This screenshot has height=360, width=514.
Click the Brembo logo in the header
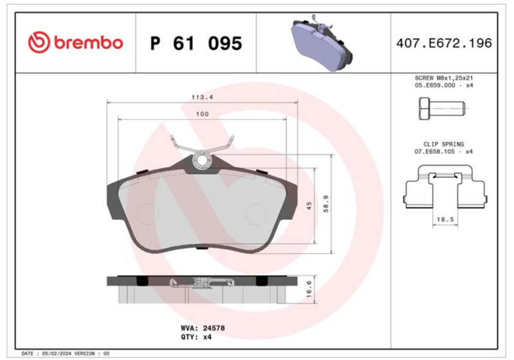pyautogui.click(x=75, y=42)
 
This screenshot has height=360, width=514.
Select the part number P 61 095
pyautogui.click(x=196, y=43)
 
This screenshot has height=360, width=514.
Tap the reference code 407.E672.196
pyautogui.click(x=444, y=43)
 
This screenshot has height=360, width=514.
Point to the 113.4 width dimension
pyautogui.click(x=202, y=97)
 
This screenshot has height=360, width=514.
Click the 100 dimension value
pyautogui.click(x=202, y=114)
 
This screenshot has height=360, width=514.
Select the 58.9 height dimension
pyautogui.click(x=326, y=204)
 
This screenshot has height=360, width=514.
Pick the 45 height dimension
pyautogui.click(x=309, y=206)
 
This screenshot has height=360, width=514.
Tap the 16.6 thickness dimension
pyautogui.click(x=309, y=289)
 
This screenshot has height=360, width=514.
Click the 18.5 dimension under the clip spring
pyautogui.click(x=445, y=219)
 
